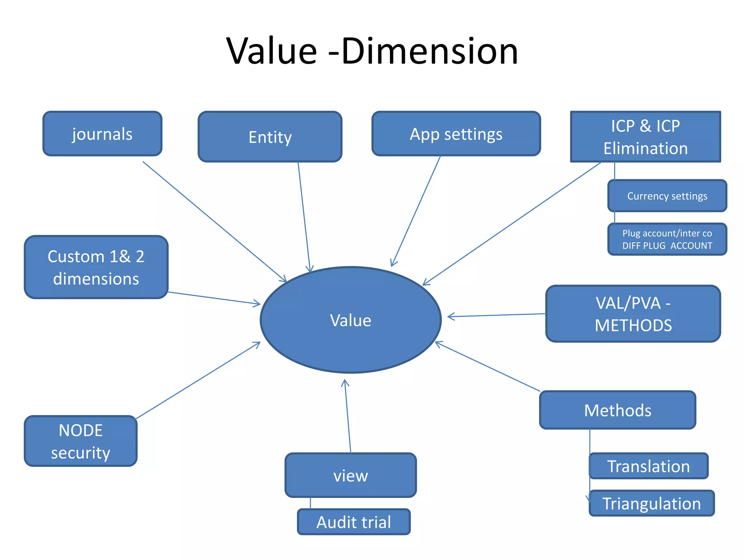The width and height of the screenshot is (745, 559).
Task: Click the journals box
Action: click(102, 134)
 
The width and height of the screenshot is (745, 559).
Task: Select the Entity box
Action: click(270, 137)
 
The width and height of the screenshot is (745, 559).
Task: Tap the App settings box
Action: click(456, 134)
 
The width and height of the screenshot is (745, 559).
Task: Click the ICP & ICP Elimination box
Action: click(645, 137)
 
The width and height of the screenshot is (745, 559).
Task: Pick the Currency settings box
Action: click(667, 196)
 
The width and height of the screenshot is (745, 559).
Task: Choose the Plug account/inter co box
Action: click(667, 239)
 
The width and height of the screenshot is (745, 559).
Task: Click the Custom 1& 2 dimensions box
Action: click(96, 267)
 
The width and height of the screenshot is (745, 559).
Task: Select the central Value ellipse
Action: click(351, 320)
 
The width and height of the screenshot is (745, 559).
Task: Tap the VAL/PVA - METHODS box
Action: click(633, 314)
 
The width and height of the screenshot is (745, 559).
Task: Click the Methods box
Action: click(617, 410)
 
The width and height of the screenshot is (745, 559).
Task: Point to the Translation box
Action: click(649, 466)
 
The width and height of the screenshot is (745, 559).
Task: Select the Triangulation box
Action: click(652, 503)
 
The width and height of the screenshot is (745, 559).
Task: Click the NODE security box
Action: click(80, 441)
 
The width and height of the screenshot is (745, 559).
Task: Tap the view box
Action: click(351, 475)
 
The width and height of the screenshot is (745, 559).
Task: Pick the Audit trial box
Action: click(354, 522)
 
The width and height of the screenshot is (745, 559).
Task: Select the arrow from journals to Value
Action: click(215, 222)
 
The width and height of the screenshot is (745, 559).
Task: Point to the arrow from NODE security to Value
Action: click(198, 380)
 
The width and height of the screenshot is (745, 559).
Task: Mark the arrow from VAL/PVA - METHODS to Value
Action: click(497, 315)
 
